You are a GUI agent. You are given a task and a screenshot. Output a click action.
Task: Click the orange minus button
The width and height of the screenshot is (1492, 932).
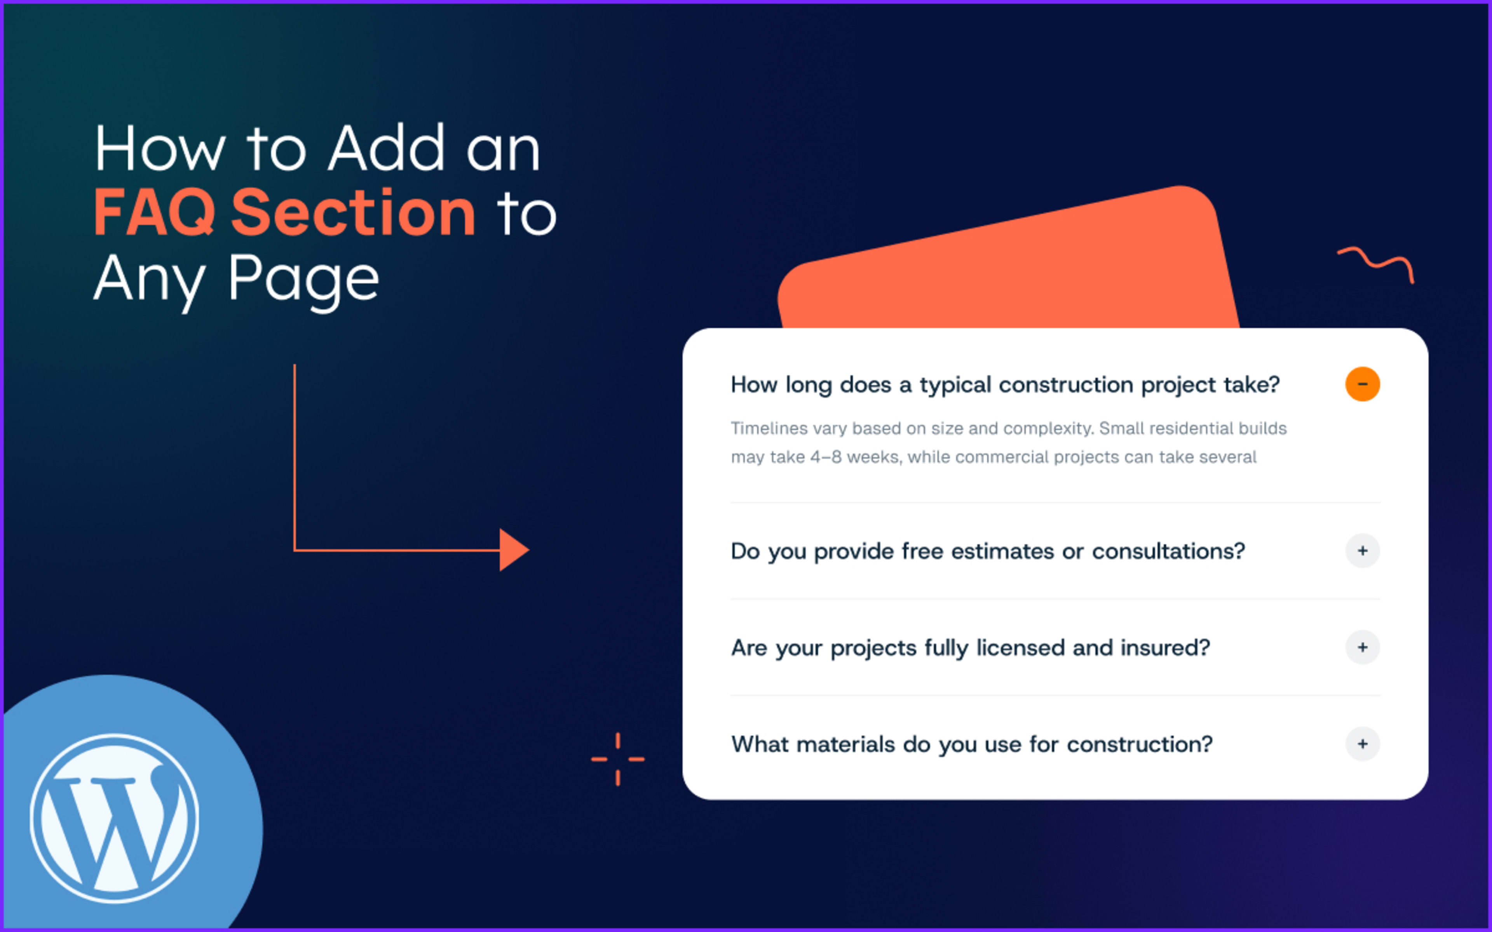tap(1362, 384)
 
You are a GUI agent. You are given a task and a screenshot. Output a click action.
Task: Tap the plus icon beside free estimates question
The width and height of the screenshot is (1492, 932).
tap(1362, 550)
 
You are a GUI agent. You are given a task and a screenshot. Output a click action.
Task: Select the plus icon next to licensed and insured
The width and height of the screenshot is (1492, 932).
tap(1362, 647)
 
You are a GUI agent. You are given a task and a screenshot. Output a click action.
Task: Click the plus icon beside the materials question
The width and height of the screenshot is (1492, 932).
tap(1362, 744)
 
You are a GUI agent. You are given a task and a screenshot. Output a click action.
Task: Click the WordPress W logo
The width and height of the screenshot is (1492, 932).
tap(115, 818)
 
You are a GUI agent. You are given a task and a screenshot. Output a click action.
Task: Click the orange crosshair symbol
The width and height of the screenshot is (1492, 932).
tap(618, 759)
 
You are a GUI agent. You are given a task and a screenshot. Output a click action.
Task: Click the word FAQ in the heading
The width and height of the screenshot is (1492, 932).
tap(154, 213)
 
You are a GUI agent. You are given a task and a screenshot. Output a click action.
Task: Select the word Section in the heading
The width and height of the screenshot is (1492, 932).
tap(353, 213)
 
